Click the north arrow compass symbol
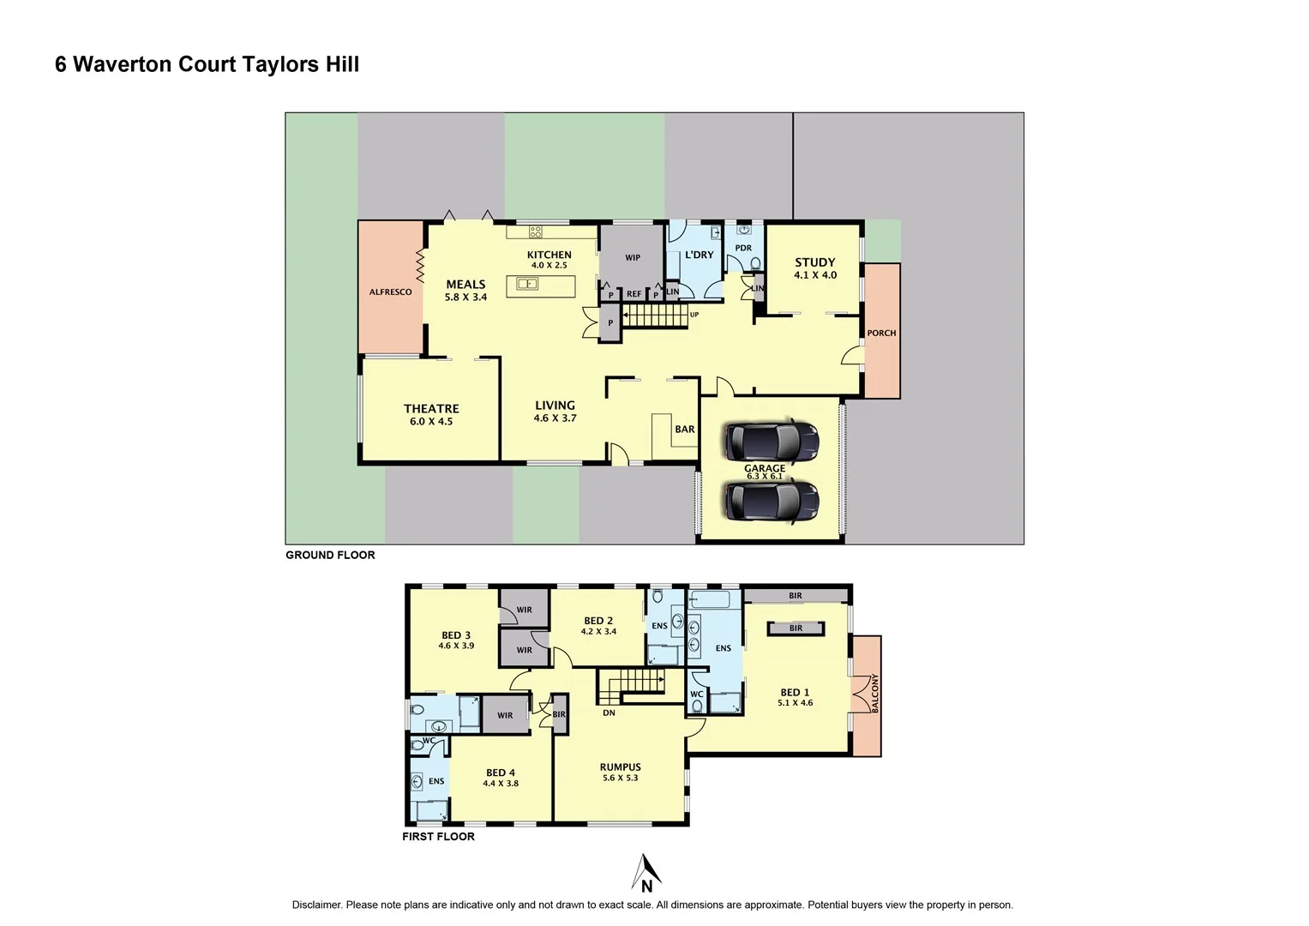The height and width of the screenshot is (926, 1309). coord(645,874)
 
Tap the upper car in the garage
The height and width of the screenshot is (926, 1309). coord(772,442)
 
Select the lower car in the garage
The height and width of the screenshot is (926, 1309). coord(772,502)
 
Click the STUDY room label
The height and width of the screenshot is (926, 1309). coord(814,263)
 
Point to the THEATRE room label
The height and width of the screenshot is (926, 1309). coord(431,409)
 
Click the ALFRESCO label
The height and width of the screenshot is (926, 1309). coord(390,292)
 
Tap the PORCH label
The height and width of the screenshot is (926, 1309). coord(881,334)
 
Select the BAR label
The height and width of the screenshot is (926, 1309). coord(685,430)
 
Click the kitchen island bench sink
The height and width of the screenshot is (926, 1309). coord(527,284)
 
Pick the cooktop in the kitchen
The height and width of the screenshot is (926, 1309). coord(535,231)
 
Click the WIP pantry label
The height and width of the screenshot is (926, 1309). coord(633,258)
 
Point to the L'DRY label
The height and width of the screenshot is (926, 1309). coord(699,255)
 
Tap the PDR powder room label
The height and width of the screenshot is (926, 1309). coord(743,249)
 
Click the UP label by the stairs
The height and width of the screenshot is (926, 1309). coord(694,315)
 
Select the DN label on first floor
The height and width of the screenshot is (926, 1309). coord(609,713)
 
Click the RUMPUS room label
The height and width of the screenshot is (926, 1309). coord(620,767)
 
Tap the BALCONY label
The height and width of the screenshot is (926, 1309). coord(875,693)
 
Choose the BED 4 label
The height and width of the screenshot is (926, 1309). coord(501,773)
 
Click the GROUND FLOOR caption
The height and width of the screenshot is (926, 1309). coord(330,556)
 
